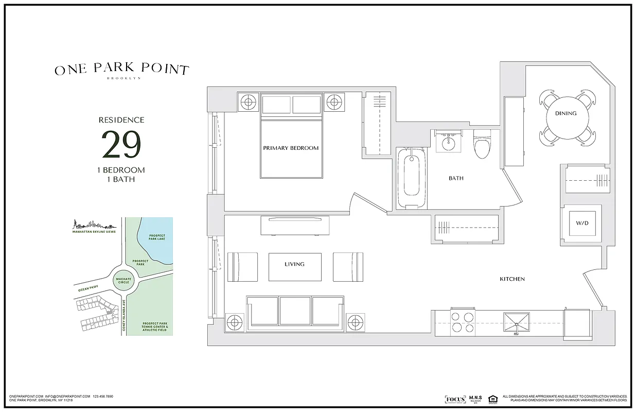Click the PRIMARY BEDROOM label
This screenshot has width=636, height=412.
point(291,148)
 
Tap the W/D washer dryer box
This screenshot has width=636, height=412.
point(582,224)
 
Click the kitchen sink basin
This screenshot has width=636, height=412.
point(516,322)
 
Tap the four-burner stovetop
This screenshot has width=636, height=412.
point(462,322)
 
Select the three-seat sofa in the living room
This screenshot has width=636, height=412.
point(295,314)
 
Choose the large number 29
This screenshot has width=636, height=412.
point(121,145)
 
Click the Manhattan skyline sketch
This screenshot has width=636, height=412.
point(93,225)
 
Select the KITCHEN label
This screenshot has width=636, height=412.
point(513,279)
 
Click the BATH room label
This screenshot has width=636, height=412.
point(456,179)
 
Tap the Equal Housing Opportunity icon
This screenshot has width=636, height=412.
point(492,399)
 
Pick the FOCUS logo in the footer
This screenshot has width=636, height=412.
point(455,399)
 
